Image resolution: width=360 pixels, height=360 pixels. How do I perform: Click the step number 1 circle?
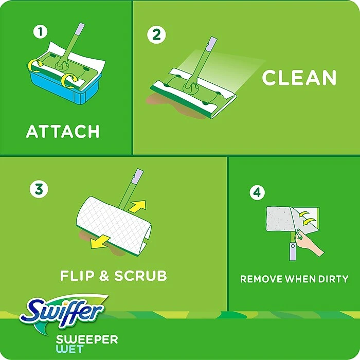(x=40, y=32)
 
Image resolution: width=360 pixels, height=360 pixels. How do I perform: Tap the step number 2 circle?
(x=157, y=35)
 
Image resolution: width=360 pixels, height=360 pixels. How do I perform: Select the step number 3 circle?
(x=39, y=189)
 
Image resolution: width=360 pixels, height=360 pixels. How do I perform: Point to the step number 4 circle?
(x=257, y=193)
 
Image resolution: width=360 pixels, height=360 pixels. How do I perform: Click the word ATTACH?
(x=63, y=132)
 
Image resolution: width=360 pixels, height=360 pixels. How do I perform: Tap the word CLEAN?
(x=299, y=78)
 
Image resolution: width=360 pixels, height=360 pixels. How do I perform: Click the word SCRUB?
(x=140, y=276)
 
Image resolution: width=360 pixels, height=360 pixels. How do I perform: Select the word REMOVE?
(x=262, y=279)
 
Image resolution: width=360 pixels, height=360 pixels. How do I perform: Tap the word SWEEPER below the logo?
(x=87, y=339)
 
